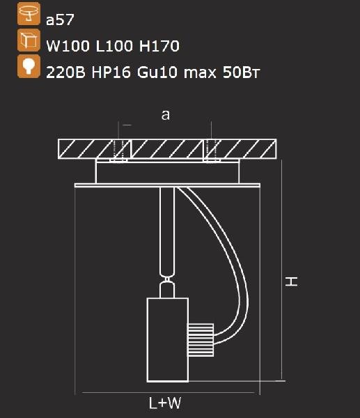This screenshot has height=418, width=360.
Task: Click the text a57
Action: coord(60,20)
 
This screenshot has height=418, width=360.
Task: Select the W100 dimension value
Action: coord(68,46)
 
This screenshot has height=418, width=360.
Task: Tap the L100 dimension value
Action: coord(114,46)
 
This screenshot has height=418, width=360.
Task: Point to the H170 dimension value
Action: coord(159,46)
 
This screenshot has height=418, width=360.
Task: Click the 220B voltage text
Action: coord(66,72)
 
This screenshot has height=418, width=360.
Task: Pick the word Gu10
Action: coord(157,72)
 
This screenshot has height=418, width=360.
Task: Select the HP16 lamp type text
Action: coord(111,72)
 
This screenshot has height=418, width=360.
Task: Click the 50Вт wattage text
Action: coord(241,72)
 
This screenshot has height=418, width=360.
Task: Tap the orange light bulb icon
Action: coord(29,66)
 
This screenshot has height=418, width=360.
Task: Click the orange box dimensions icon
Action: coord(29,40)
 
